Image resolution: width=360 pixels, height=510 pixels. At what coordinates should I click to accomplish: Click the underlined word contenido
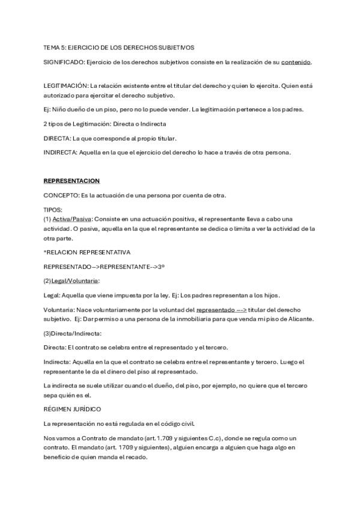point(296,62)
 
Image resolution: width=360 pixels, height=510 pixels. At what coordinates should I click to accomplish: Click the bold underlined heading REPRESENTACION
point(72,181)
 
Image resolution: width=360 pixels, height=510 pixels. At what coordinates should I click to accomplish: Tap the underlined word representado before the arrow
point(216,310)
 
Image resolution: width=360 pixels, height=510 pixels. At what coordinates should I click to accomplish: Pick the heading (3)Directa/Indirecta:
point(73,333)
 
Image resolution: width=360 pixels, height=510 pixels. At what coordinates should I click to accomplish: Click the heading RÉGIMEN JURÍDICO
point(72,409)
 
